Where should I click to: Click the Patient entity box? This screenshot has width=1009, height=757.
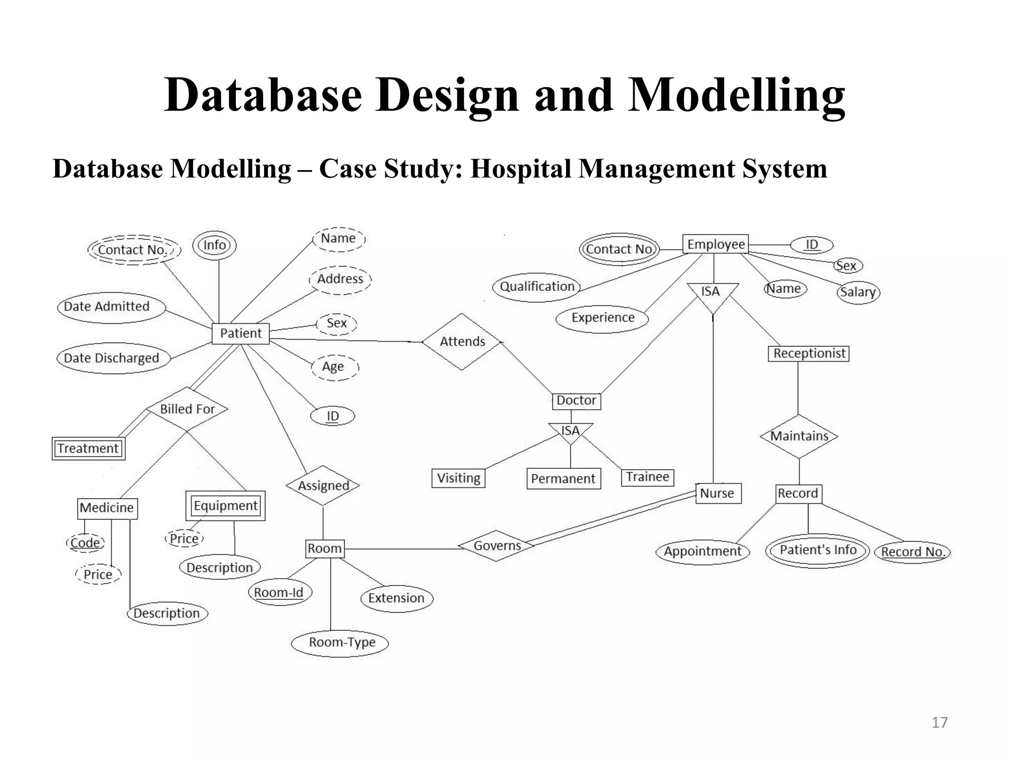240,334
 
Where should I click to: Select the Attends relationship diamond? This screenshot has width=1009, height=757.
462,342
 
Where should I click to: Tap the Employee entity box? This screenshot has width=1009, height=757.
715,244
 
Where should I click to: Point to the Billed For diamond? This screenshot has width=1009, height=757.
187,409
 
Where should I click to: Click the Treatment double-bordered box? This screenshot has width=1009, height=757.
88,448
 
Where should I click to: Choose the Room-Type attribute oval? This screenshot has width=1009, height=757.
341,643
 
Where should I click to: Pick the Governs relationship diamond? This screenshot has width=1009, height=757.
497,546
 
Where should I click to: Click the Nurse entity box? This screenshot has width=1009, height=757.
717,493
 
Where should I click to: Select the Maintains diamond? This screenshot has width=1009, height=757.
799,436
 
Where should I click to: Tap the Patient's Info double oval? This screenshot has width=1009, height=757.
817,551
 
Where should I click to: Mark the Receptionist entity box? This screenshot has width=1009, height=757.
808,353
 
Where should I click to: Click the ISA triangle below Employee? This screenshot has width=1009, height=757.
712,294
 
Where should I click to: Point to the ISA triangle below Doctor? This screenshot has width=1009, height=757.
571,432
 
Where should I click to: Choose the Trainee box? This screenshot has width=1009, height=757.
647,477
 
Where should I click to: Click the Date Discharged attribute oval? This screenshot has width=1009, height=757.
112,358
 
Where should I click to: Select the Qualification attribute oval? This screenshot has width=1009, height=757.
537,287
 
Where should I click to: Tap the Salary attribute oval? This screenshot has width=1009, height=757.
858,292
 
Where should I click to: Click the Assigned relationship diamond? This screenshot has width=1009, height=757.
323,486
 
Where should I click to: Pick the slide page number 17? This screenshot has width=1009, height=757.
940,723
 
